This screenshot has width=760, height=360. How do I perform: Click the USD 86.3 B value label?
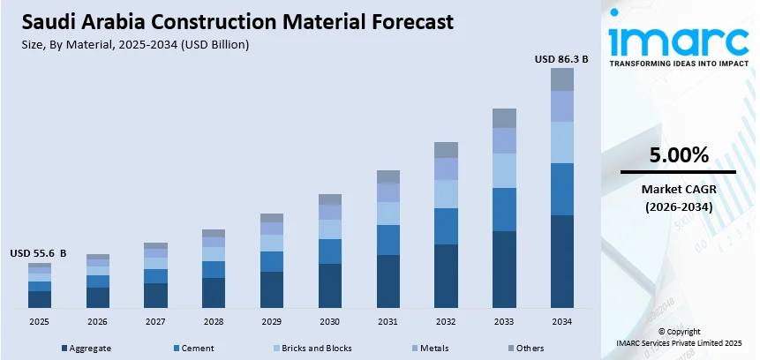tap(561, 59)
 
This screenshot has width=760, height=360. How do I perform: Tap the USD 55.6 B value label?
tap(38, 253)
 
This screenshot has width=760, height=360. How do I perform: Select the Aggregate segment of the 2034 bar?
tap(562, 262)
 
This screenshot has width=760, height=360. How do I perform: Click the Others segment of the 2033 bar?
tap(504, 118)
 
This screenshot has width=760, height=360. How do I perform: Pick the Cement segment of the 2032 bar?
tap(446, 226)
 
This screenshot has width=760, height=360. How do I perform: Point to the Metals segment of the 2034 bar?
tap(562, 106)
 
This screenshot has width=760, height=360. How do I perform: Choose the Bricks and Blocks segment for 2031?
tap(388, 214)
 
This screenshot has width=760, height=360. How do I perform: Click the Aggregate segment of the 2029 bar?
tap(272, 289)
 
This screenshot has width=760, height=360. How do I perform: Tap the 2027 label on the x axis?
tap(155, 322)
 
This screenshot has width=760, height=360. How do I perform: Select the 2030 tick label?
tap(329, 322)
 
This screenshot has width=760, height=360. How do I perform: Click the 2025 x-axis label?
tap(39, 322)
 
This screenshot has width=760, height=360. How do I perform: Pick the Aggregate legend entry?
tap(87, 349)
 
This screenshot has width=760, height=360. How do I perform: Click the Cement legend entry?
tap(194, 349)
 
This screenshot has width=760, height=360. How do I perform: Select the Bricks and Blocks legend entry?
tap(312, 349)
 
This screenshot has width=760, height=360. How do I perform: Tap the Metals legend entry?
tap(430, 349)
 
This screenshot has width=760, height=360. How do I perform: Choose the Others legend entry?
tap(525, 349)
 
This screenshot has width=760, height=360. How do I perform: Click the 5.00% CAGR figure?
tap(679, 155)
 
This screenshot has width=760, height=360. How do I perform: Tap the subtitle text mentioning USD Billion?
tap(135, 45)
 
